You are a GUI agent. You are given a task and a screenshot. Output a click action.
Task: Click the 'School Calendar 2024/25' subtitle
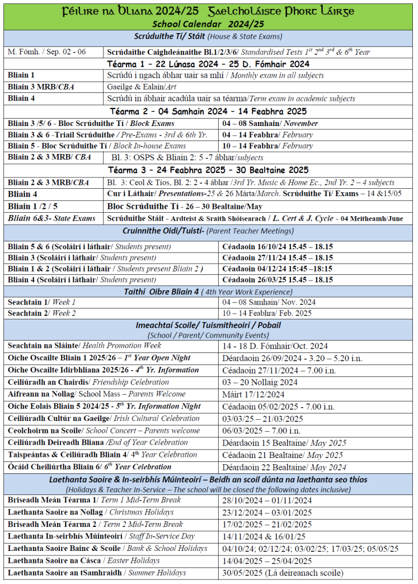(208, 23)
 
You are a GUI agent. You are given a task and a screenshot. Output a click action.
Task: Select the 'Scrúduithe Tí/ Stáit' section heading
(208, 36)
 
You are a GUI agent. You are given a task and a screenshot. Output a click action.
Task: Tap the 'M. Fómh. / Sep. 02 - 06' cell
(47, 51)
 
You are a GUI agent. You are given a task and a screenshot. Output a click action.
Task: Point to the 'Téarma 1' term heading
(208, 63)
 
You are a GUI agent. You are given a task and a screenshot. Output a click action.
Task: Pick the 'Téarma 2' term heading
(208, 111)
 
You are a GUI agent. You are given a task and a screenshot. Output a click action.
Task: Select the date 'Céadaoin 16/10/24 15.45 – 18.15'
(277, 246)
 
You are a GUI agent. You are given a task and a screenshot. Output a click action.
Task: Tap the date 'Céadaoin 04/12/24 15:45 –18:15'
(277, 269)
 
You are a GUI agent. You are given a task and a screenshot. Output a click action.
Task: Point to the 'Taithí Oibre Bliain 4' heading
(208, 291)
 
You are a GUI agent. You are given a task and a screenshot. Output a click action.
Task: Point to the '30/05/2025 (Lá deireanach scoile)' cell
(282, 573)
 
